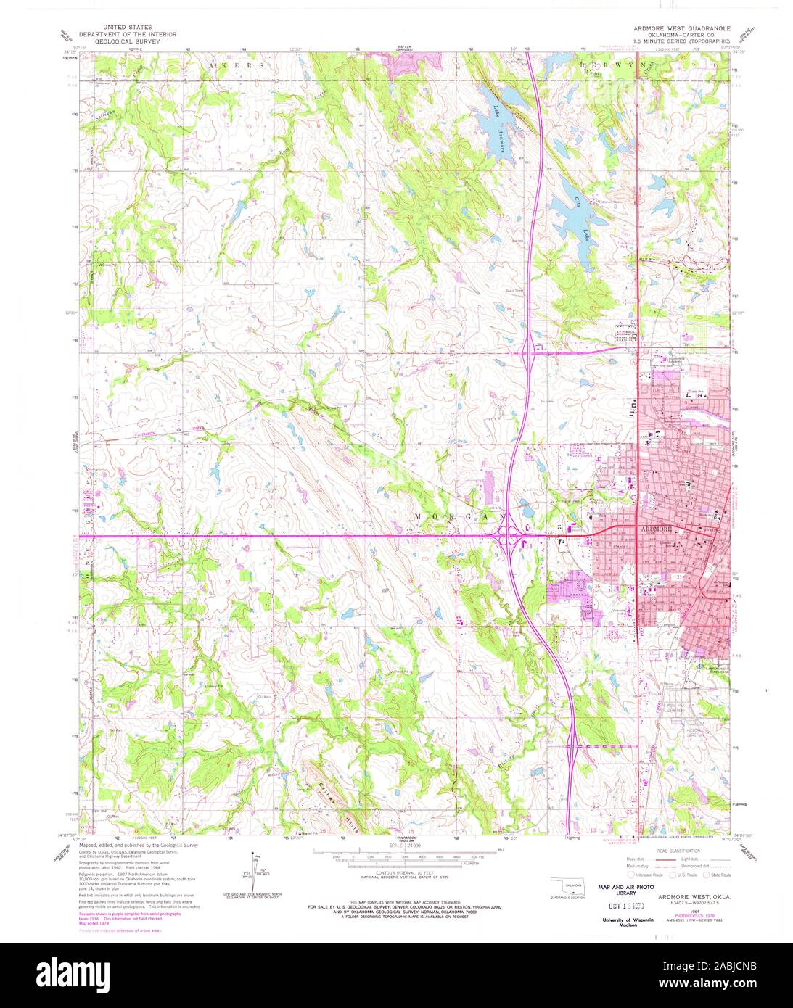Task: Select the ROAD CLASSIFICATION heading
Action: click(679, 851)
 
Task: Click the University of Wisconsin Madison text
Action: click(627, 922)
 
